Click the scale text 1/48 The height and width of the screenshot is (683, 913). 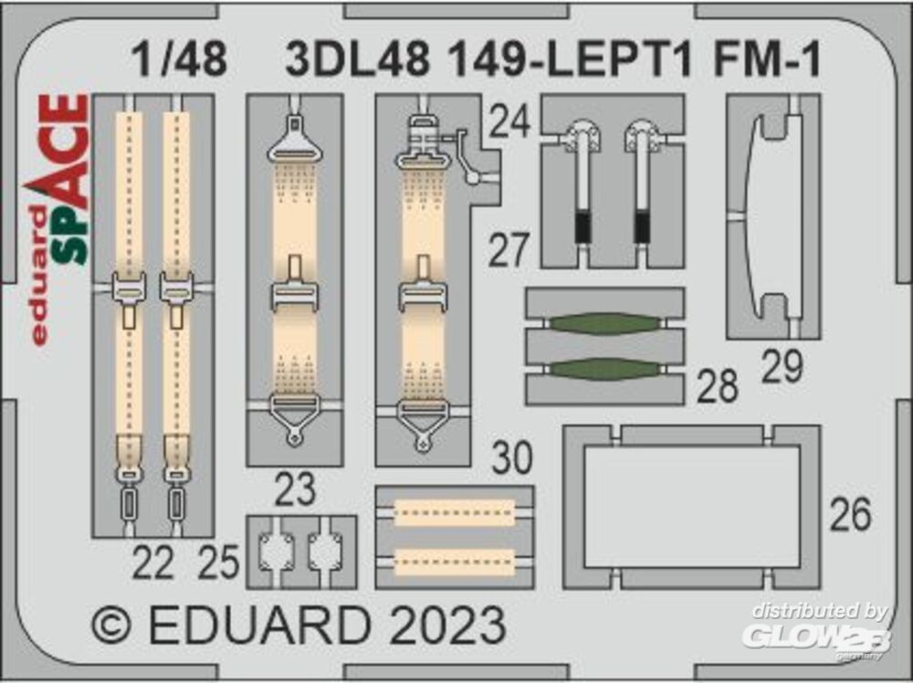(179, 60)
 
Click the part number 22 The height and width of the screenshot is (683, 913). (152, 566)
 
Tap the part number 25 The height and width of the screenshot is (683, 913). (219, 566)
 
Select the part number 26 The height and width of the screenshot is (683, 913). (850, 516)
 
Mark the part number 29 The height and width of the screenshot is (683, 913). (782, 367)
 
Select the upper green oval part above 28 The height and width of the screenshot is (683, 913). (605, 324)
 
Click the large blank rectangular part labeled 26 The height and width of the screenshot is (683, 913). (691, 507)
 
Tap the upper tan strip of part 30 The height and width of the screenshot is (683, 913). (454, 513)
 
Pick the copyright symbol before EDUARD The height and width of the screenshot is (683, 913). (113, 627)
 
